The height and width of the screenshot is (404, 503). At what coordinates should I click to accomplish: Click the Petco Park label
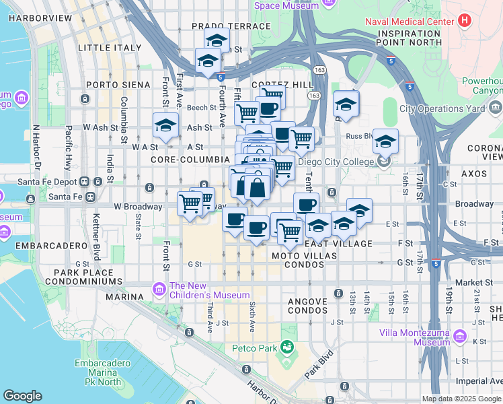click(254, 348)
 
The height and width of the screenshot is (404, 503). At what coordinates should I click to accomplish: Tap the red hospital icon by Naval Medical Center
click(464, 21)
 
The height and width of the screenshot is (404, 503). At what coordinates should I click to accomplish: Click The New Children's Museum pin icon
click(159, 290)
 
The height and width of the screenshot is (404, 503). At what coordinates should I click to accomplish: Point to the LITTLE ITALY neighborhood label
click(110, 48)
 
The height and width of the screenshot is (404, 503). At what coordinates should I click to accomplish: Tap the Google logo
click(22, 396)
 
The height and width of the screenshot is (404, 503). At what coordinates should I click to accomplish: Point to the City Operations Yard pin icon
click(494, 108)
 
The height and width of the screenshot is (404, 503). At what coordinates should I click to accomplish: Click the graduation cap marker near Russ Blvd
click(385, 143)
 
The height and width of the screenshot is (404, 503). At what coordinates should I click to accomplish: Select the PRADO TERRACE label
click(231, 26)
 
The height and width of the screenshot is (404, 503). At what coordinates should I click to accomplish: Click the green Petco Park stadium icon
click(287, 348)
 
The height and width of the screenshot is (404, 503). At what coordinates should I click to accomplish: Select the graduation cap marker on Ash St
click(165, 125)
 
